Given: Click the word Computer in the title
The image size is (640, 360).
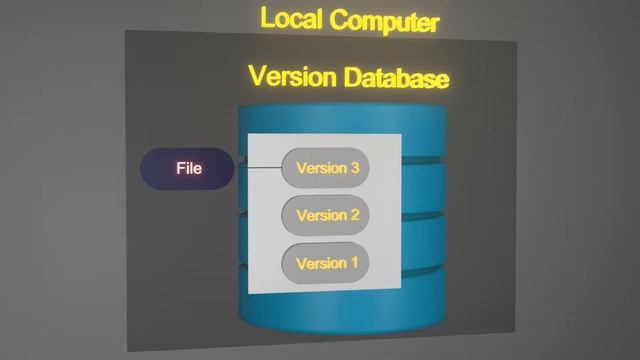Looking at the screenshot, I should [x=384, y=20].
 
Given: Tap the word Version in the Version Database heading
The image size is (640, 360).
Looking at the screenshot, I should [x=291, y=76].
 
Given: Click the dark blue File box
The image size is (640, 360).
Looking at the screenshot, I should [x=187, y=169].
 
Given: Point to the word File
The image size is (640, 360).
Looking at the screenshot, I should [x=189, y=168].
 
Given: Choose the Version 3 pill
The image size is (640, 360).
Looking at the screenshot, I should [x=327, y=168].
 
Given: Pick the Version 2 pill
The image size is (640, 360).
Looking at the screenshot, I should [x=327, y=215].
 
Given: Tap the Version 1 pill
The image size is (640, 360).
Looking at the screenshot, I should [x=327, y=264].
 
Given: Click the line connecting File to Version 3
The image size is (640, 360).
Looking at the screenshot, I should [x=259, y=168].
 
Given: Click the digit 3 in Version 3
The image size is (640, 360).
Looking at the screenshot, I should [x=354, y=168].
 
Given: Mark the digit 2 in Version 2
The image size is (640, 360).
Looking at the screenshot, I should [x=354, y=215].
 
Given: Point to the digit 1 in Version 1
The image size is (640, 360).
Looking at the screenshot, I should [x=353, y=264].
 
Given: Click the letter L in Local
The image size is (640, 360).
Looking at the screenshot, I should [x=267, y=18].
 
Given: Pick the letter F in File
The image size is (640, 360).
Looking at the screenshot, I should [x=180, y=168].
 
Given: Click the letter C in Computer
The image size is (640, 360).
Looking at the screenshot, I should [x=340, y=20].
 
